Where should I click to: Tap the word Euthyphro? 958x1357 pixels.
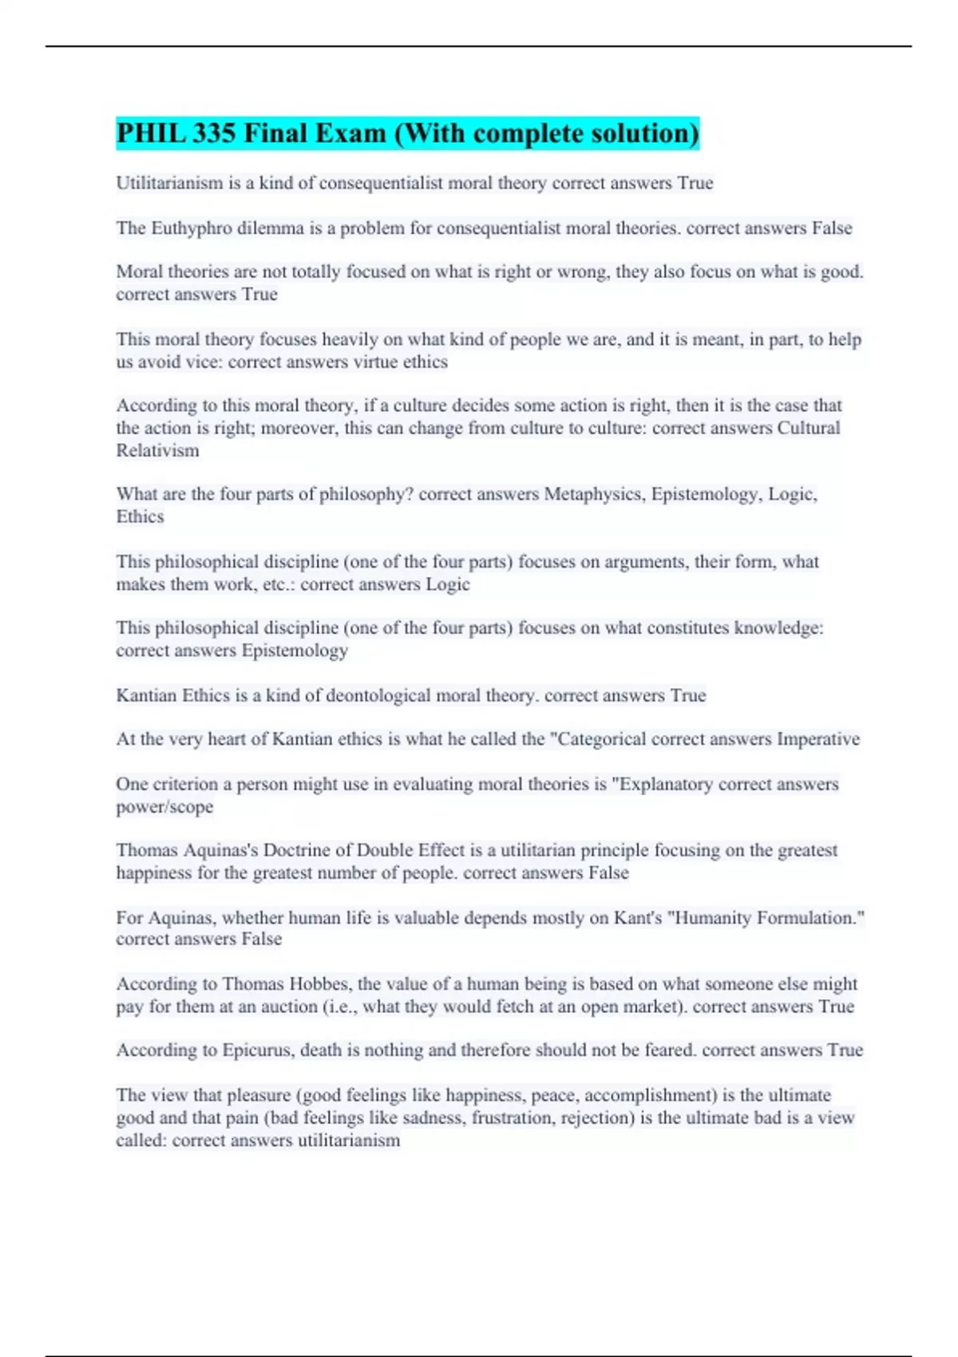[x=189, y=228]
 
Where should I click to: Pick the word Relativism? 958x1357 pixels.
[x=157, y=450]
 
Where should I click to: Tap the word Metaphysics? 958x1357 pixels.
[x=594, y=494]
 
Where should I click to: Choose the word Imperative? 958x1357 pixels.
[x=817, y=739]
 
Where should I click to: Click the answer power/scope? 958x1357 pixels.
[x=164, y=806]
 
